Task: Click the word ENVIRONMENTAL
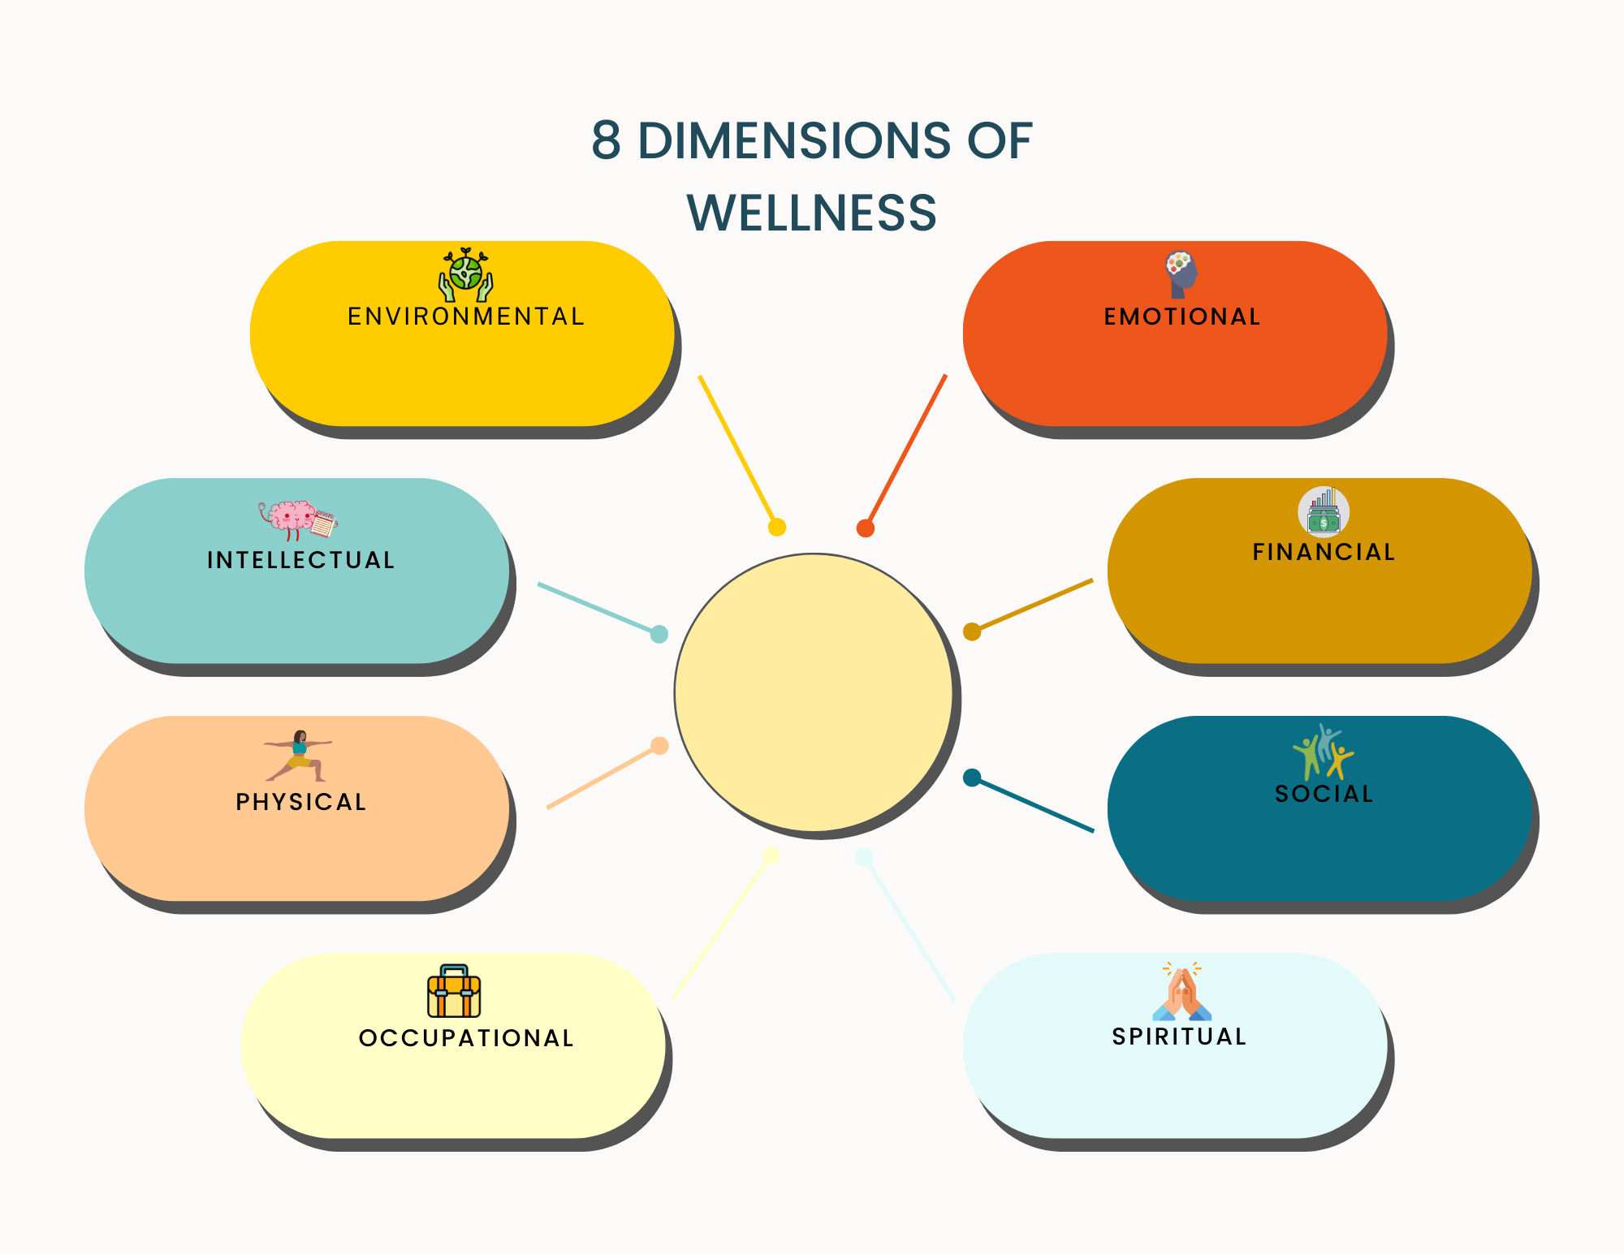(466, 317)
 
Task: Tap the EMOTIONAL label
(1182, 317)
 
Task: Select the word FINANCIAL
(1324, 552)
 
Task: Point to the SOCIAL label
(1324, 794)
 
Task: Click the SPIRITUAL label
(1179, 1036)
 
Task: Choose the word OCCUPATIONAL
(466, 1038)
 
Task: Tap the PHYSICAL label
(300, 802)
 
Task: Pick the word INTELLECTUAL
(300, 560)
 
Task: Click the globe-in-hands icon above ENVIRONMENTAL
(466, 274)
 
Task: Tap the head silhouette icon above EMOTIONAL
(1181, 274)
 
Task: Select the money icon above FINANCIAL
(1324, 512)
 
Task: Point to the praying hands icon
(1181, 992)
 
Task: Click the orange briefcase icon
(454, 991)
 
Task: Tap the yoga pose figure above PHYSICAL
(299, 756)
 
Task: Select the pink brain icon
(294, 519)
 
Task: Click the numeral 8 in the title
(606, 140)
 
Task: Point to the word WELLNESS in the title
(811, 213)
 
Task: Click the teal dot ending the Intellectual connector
(659, 634)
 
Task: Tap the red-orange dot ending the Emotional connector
(866, 528)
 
